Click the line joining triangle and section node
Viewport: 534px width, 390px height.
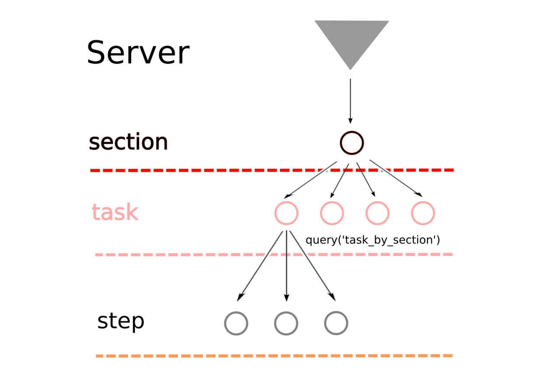click(350, 97)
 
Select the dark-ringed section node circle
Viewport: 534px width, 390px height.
click(351, 143)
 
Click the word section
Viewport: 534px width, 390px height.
click(128, 143)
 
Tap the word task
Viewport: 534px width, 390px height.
click(115, 212)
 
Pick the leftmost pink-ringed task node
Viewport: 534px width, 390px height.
click(286, 213)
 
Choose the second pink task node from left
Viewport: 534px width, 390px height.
click(332, 213)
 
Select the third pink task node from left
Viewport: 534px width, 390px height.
click(377, 213)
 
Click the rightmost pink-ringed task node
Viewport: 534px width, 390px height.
click(423, 213)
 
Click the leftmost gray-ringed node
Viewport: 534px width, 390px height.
click(236, 323)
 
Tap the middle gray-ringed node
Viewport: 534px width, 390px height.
click(286, 323)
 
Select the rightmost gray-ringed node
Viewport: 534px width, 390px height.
click(336, 323)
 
